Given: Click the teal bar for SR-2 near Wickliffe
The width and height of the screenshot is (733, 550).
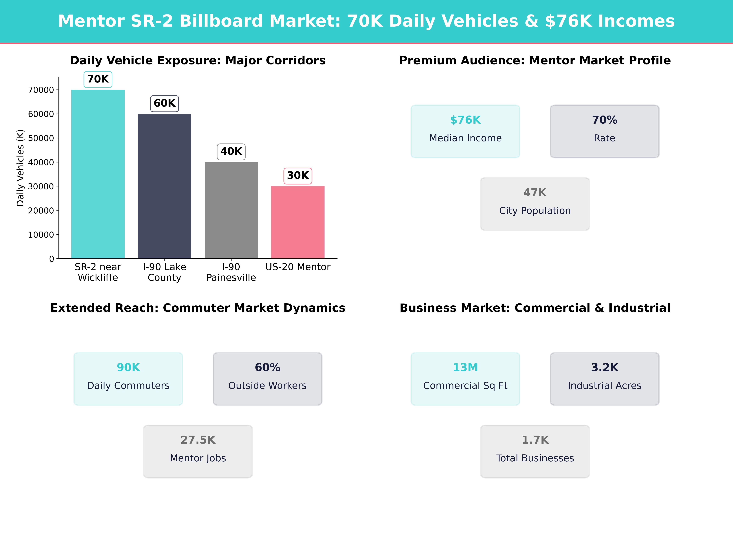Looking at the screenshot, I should tap(98, 174).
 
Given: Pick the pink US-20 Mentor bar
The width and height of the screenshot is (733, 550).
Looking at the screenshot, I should tap(298, 222).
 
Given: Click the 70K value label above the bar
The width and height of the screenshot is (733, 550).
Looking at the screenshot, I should tap(98, 79).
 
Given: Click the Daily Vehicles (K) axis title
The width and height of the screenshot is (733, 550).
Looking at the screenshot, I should tap(21, 168).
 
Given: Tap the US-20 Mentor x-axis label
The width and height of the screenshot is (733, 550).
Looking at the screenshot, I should tap(298, 267).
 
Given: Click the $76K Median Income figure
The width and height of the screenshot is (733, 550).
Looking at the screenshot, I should tap(465, 120).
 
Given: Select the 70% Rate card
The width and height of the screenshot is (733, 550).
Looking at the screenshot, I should tap(604, 131).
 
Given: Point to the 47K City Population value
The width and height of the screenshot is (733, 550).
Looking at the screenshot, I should tap(535, 193).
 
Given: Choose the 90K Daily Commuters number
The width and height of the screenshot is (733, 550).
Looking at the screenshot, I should tap(128, 367).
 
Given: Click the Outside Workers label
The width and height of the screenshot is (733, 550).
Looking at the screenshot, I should tap(267, 386).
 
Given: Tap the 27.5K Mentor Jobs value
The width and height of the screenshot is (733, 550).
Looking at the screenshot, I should tap(198, 440).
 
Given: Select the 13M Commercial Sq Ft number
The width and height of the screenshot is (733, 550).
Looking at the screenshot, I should tap(465, 367).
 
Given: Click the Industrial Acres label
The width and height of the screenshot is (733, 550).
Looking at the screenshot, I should tap(604, 386).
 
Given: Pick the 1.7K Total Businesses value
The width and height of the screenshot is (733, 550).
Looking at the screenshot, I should tap(535, 440).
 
